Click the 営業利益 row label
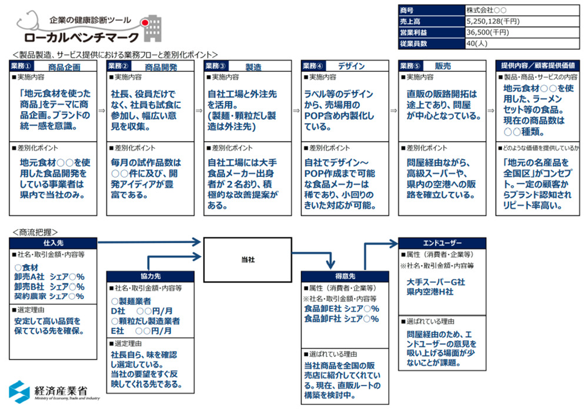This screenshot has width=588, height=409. [x=413, y=32]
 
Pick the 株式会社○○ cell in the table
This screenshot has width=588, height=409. [x=486, y=11]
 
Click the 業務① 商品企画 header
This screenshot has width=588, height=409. [x=53, y=66]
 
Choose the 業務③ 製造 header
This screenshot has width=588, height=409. [x=247, y=66]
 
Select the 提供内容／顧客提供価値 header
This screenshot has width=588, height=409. [x=539, y=66]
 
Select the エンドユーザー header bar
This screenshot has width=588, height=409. [x=442, y=242]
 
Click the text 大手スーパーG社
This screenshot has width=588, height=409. [x=436, y=282]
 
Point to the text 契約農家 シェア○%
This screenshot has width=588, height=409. [x=49, y=296]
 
